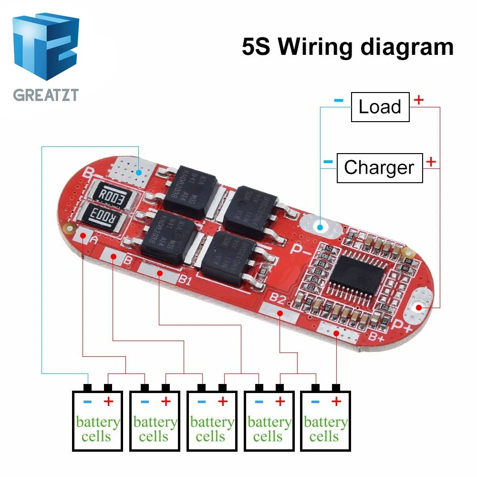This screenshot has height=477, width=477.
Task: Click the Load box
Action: coord(380,107)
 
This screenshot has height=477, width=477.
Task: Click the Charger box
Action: coord(379,167)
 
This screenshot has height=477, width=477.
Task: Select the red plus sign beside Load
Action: coord(419,100)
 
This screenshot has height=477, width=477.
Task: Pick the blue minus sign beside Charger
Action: coord(328,162)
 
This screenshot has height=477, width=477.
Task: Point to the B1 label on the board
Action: coord(185,280)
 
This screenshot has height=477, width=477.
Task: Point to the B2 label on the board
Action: coord(279,300)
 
